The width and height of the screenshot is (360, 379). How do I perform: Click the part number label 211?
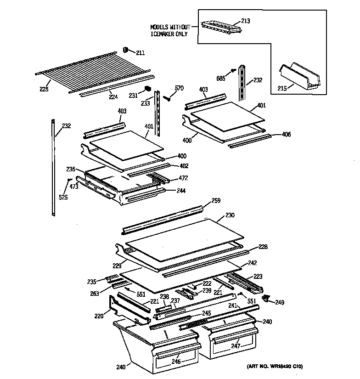pyautogui.click(x=140, y=53)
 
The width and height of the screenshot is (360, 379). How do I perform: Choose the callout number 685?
pyautogui.click(x=221, y=78)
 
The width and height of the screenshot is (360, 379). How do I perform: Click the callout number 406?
pyautogui.click(x=286, y=135)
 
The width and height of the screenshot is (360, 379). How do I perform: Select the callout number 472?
pyautogui.click(x=183, y=178)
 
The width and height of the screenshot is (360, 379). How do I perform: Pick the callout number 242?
pyautogui.click(x=253, y=263)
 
